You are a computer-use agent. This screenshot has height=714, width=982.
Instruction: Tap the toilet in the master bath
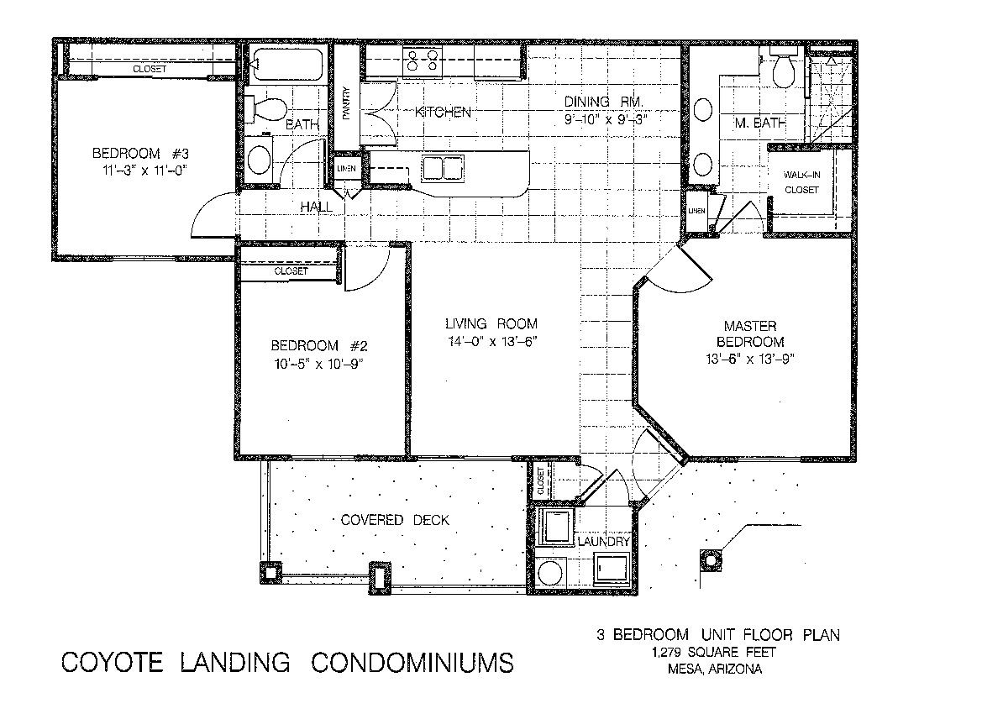(x=784, y=68)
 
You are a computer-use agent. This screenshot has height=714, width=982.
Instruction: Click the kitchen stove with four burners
(x=422, y=61)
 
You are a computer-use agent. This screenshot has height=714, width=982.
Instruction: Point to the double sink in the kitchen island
(x=444, y=169)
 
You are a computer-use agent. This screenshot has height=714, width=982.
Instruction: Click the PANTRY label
(x=346, y=102)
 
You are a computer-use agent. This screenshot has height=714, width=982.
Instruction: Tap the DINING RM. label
(x=604, y=102)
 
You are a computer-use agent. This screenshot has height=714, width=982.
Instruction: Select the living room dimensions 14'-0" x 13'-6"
(x=492, y=342)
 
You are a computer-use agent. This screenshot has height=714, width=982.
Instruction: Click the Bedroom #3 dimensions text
(x=145, y=170)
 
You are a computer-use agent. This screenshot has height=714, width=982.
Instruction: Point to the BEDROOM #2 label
(x=318, y=346)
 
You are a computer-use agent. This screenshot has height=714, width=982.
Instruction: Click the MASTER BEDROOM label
(x=750, y=333)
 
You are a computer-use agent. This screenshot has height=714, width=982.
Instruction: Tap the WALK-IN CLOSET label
(x=801, y=182)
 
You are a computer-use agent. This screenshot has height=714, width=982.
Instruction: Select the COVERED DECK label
(x=395, y=520)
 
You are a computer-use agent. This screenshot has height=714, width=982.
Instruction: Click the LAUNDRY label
(x=603, y=541)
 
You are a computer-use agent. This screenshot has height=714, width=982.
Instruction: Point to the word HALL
(x=316, y=207)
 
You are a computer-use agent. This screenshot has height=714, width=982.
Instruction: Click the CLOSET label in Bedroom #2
(x=291, y=271)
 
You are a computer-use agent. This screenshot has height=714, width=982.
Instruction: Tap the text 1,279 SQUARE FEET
(x=714, y=653)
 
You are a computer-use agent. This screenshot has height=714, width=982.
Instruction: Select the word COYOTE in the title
(x=112, y=663)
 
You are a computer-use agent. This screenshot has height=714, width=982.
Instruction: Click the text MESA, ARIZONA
(x=715, y=669)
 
